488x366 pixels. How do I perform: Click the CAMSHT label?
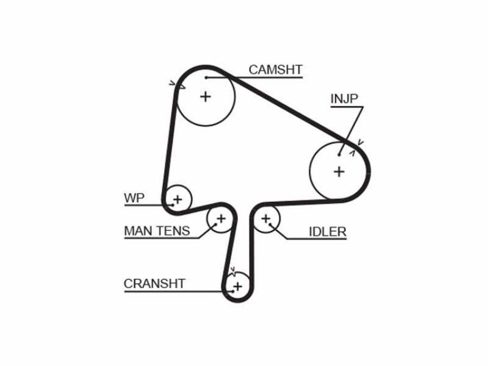tap(276, 70)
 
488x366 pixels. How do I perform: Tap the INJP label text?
tap(344, 99)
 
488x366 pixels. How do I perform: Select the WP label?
tap(134, 198)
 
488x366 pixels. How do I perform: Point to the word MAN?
tap(138, 231)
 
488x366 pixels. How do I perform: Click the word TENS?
tap(173, 231)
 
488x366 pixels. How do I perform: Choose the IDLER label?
tap(328, 232)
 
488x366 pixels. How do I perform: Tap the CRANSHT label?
tap(154, 284)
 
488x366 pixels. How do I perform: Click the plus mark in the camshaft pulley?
tap(206, 96)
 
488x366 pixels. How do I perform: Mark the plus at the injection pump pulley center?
tap(339, 171)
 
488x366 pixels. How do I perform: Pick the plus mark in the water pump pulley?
tap(178, 199)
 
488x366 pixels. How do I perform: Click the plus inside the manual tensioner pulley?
tap(221, 219)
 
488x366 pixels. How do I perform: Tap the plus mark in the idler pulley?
tap(265, 219)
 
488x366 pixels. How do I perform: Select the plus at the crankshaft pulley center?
tap(237, 286)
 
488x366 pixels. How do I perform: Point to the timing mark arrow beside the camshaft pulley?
tap(177, 85)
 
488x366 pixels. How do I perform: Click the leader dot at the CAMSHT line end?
tap(206, 77)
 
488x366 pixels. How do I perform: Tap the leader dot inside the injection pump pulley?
tap(339, 154)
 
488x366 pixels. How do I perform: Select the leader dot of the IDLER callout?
tap(270, 224)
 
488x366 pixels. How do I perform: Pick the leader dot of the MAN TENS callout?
tap(215, 224)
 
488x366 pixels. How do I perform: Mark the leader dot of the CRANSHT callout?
tap(233, 292)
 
